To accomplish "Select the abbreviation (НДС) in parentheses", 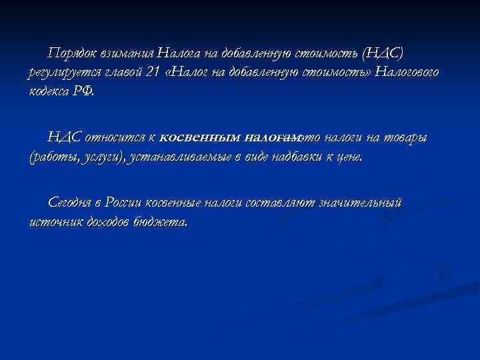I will coord(398,53).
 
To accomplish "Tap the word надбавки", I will coord(288,158).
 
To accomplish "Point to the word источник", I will coord(55,222).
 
